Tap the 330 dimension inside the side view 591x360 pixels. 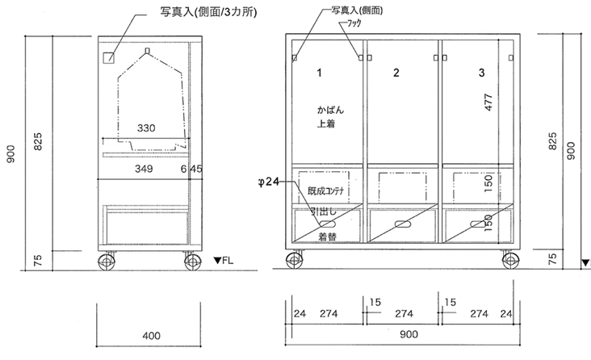click(x=146, y=128)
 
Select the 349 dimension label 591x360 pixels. click(x=145, y=170)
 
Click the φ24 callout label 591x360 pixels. click(x=266, y=183)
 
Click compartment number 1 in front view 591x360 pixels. click(x=320, y=73)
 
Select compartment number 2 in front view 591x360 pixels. click(x=396, y=73)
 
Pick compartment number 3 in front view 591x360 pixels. click(x=481, y=73)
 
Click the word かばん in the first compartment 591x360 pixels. click(x=321, y=108)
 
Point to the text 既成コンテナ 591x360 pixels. click(x=326, y=191)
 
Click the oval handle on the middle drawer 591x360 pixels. click(x=401, y=225)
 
